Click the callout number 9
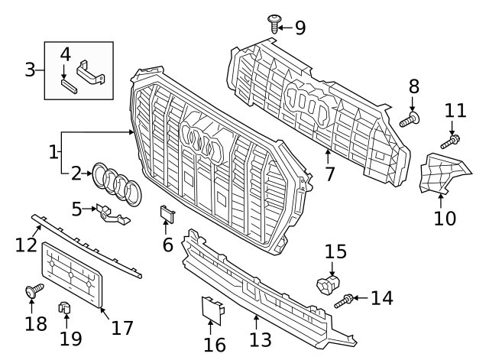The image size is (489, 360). coord(300,28)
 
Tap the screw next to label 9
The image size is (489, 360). coord(273,22)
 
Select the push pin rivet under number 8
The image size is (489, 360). coord(410,119)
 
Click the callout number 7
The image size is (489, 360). coord(329,174)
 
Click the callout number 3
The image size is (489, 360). coord(30,70)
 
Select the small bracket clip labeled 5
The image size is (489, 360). coord(110,214)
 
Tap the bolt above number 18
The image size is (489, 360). coord(33,291)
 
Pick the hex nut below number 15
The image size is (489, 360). coord(329,285)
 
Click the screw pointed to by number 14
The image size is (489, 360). coord(344,301)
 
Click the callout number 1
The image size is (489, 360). coord(53,152)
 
